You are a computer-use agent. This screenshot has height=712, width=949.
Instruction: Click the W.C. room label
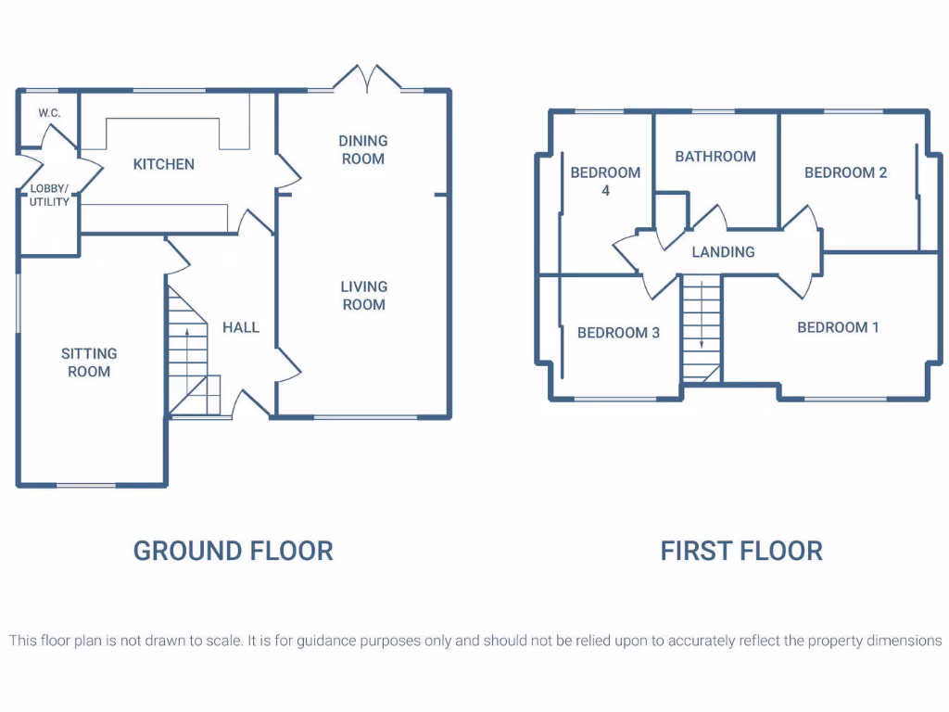click(x=48, y=112)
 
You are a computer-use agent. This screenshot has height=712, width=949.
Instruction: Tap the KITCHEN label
click(x=164, y=164)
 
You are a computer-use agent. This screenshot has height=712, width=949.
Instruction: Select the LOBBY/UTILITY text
click(x=49, y=195)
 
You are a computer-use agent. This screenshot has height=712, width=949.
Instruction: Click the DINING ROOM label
click(x=362, y=149)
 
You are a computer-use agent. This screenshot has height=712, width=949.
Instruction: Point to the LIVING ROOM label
click(x=363, y=296)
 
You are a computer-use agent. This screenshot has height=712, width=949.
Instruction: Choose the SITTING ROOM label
click(x=89, y=362)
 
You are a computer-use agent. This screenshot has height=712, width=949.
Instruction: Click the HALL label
click(x=241, y=327)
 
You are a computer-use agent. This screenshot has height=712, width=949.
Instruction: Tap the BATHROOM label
click(x=715, y=157)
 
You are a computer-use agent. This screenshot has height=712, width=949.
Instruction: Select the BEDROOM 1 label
click(x=838, y=327)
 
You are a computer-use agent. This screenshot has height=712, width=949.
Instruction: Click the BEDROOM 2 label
click(x=845, y=172)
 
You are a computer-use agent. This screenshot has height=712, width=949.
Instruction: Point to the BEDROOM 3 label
click(x=618, y=333)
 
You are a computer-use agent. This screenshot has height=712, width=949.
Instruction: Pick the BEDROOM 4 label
click(x=605, y=181)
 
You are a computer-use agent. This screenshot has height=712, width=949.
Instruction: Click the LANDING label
click(x=723, y=251)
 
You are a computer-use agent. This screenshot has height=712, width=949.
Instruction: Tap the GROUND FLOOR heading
click(x=233, y=551)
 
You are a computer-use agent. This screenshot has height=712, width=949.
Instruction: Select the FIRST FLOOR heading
click(x=741, y=551)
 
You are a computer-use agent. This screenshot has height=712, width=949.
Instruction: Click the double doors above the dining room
click(x=368, y=79)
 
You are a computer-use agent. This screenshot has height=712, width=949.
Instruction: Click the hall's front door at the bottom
click(x=247, y=404)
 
